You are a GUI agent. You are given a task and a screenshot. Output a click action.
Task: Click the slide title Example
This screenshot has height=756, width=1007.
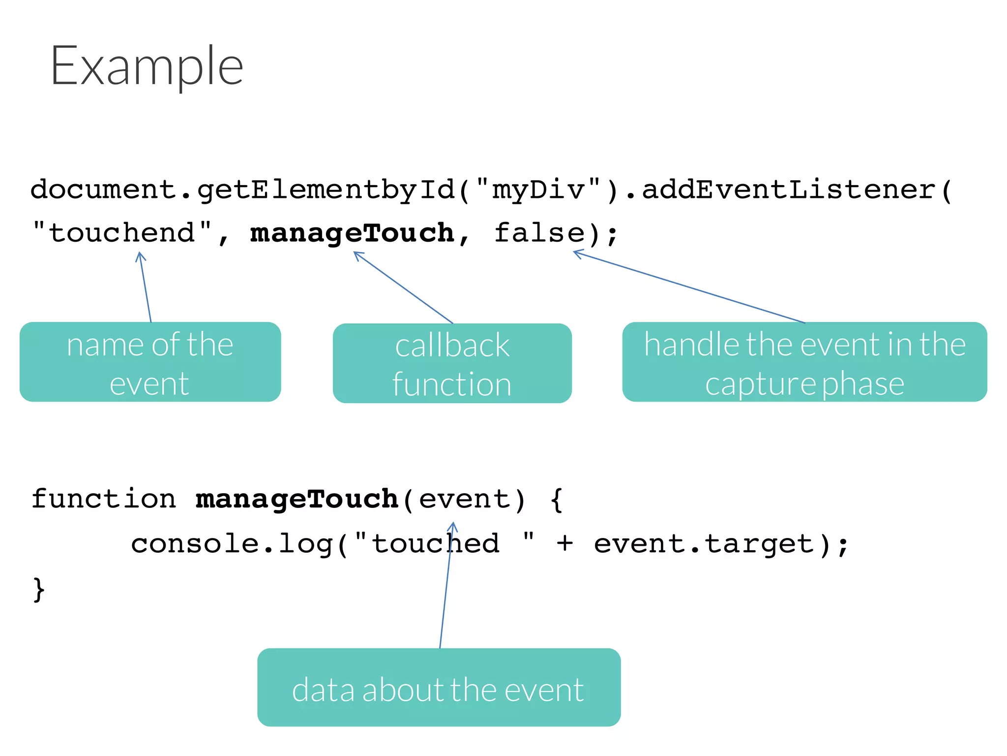[x=147, y=66]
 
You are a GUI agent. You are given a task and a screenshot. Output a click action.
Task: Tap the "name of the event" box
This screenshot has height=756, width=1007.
[x=150, y=362]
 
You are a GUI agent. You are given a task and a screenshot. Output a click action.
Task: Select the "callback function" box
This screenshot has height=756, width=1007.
[x=452, y=363]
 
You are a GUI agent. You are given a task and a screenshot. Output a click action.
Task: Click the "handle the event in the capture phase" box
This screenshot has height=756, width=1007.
[x=804, y=362]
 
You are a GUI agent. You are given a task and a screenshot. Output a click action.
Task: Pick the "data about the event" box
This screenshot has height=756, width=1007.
[x=439, y=688]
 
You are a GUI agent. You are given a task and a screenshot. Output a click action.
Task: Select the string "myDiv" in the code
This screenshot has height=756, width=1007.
[x=538, y=190]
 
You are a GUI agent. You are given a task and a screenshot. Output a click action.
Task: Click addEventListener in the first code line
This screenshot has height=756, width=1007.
[x=789, y=190]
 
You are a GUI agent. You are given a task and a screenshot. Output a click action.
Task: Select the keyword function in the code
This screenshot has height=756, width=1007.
[x=103, y=499]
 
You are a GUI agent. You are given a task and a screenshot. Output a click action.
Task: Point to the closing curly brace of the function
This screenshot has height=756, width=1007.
[x=38, y=589]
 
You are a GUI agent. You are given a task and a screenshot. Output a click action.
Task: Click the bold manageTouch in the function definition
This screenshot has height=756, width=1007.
[x=296, y=499]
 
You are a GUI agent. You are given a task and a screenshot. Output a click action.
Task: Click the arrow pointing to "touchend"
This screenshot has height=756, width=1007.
[x=146, y=287]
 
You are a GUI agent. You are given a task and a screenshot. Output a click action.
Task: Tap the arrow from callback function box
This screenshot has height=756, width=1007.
[x=403, y=287]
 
